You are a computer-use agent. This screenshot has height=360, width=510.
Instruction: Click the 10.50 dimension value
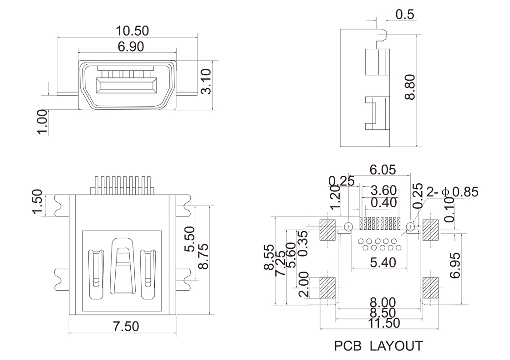(x=132, y=31)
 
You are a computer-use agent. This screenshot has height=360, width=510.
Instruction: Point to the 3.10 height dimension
(x=206, y=81)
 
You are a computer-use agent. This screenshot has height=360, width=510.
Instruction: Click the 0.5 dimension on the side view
(x=404, y=15)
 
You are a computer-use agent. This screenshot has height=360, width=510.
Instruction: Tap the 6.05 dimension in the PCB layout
(x=382, y=170)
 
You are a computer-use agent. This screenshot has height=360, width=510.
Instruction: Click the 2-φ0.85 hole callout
(x=452, y=192)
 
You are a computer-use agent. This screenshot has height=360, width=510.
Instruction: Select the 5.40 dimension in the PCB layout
(x=382, y=262)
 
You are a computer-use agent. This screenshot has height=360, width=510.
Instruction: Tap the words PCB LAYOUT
(x=378, y=346)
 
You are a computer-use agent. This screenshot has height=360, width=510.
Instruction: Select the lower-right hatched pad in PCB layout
(x=430, y=288)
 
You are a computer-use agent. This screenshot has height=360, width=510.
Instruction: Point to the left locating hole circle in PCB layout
(x=348, y=226)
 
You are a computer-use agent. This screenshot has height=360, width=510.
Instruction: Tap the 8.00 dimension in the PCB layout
(x=382, y=303)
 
